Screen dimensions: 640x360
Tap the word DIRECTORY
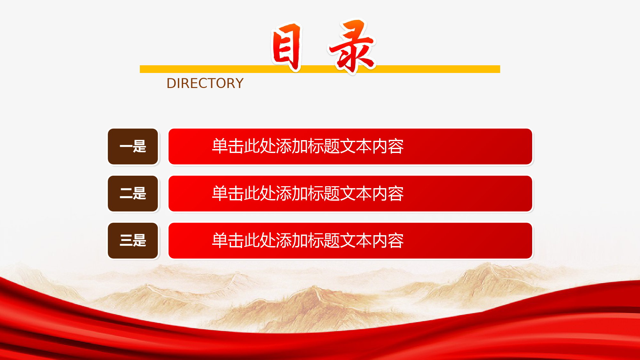[x=205, y=83]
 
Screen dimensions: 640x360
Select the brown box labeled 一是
[x=133, y=147]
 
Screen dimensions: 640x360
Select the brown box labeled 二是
[x=133, y=194]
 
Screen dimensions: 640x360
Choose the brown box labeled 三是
[x=133, y=241]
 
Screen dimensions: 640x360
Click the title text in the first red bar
[x=308, y=146]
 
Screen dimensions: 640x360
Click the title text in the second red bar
[x=308, y=193]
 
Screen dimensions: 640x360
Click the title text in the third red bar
[x=308, y=240]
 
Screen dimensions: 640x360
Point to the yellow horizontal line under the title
[x=320, y=69]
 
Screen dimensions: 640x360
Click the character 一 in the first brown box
[x=126, y=147]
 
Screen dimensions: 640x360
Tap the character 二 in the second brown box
[x=126, y=194]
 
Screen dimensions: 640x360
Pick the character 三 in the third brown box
[x=126, y=240]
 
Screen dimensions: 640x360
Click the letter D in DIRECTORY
[x=171, y=83]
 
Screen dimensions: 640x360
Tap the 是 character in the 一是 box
[x=140, y=147]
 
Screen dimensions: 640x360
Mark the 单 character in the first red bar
[x=220, y=146]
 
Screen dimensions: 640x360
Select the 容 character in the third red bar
[x=396, y=240]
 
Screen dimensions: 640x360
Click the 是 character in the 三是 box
[x=140, y=240]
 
